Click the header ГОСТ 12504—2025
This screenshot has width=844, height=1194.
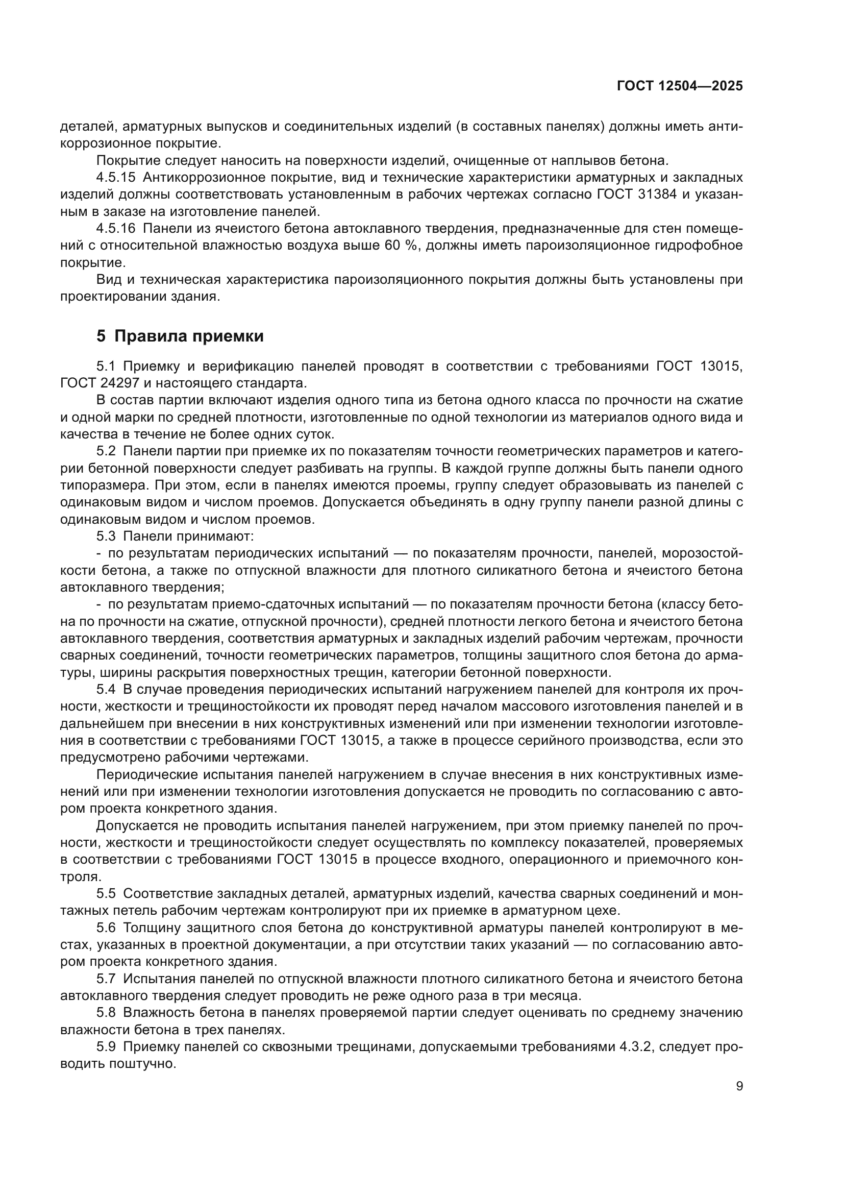tap(680, 86)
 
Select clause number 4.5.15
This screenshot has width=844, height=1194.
tap(116, 177)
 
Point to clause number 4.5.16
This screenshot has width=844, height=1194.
tap(116, 228)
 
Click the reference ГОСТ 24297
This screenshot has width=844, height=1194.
tap(100, 383)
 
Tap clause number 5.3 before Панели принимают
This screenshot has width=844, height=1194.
tap(106, 535)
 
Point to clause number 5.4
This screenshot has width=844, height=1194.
tap(106, 690)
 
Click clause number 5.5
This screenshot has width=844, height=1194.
tap(106, 894)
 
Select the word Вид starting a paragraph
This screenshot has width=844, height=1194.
tap(108, 280)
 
